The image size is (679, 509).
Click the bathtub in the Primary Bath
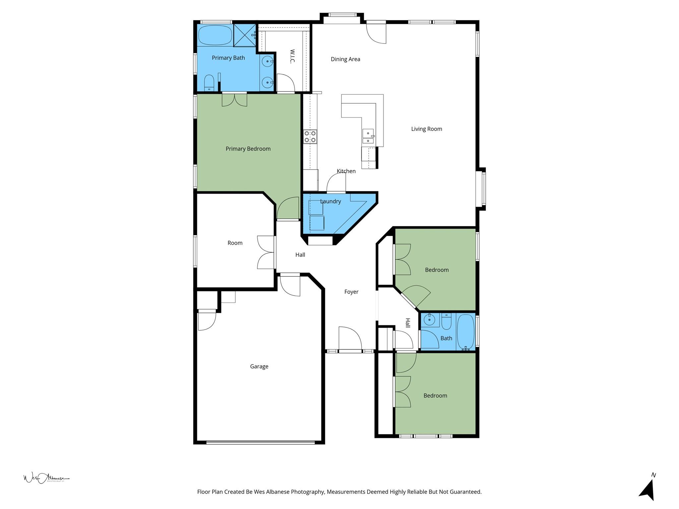coord(215,35)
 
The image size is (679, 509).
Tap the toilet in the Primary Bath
coord(209,83)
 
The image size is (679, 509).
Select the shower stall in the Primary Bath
coord(245,35)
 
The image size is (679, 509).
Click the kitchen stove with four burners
coord(310,137)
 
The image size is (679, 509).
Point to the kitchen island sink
coord(368,137)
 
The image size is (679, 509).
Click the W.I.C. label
coord(292,56)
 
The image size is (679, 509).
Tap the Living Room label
coord(426,129)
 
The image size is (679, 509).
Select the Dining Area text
coord(345,59)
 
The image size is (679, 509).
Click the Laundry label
coord(330,201)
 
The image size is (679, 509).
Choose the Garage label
coord(259,367)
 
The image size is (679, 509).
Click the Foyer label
coord(351,292)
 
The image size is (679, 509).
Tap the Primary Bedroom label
coord(248,149)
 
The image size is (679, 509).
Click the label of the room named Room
coord(235,243)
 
